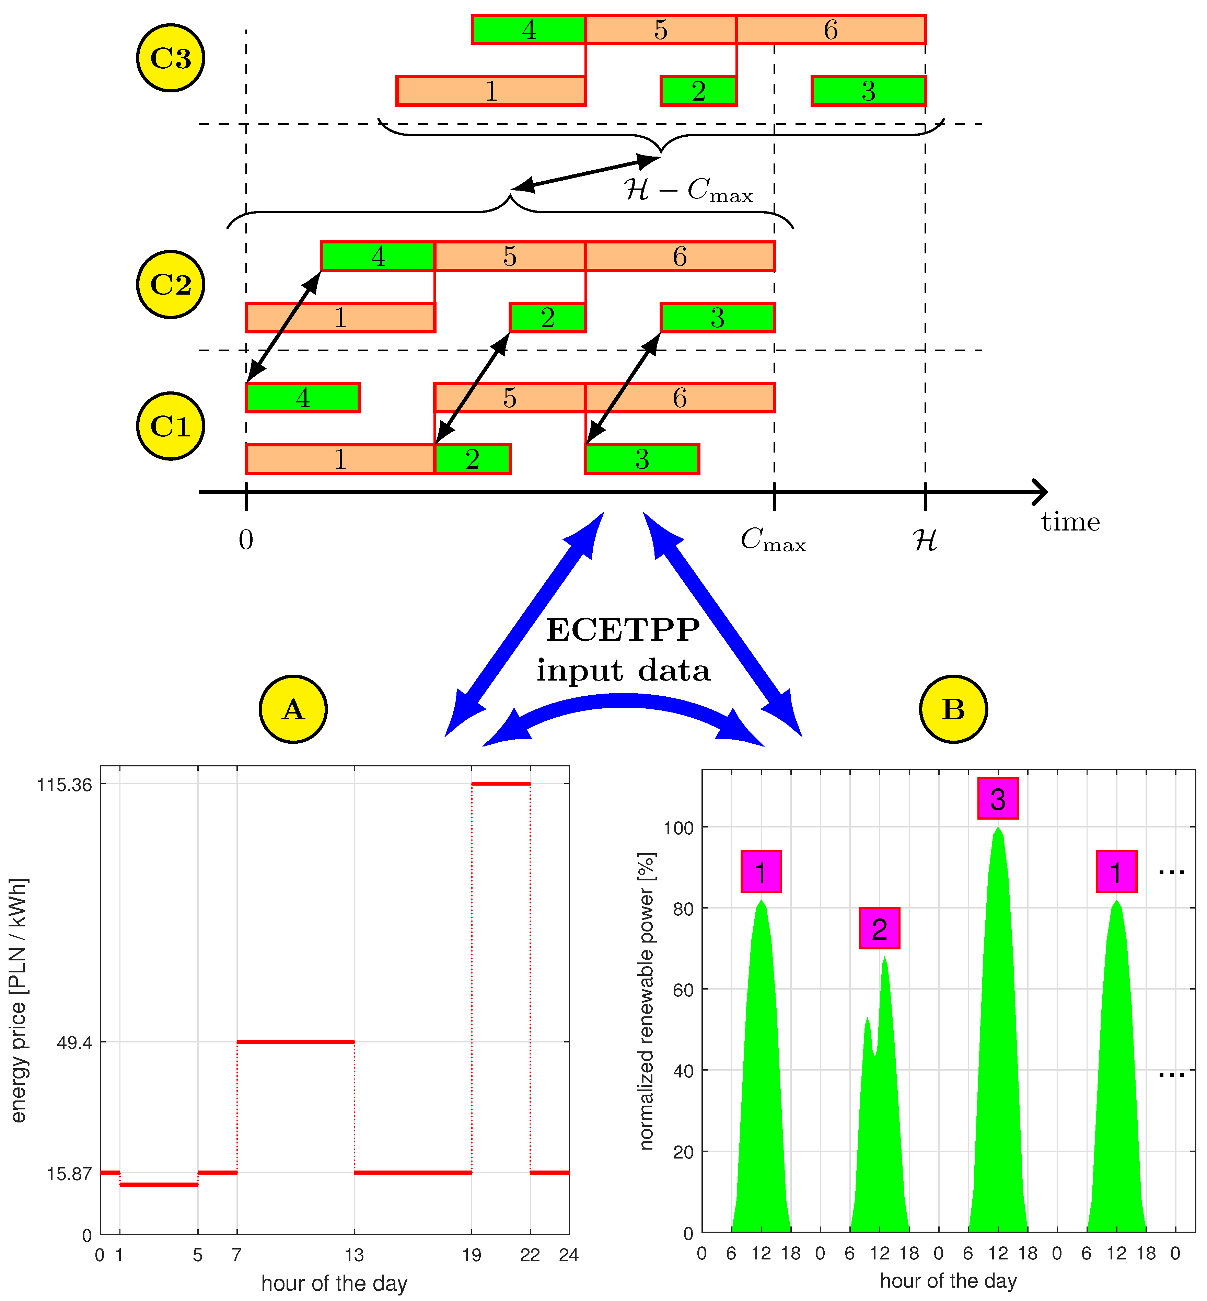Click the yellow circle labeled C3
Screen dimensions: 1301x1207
[x=171, y=58]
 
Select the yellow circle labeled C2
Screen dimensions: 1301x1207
[x=171, y=284]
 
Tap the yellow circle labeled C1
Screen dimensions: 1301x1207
[x=171, y=426]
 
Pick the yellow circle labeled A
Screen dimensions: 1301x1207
[x=293, y=709]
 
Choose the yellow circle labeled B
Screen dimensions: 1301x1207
[x=953, y=709]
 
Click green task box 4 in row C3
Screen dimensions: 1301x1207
[x=529, y=30]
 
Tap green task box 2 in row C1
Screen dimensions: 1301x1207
[x=472, y=459]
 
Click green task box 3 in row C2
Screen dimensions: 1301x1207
[x=717, y=318]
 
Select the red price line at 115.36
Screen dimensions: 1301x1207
[x=501, y=784]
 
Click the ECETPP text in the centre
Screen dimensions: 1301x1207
[x=623, y=630]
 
